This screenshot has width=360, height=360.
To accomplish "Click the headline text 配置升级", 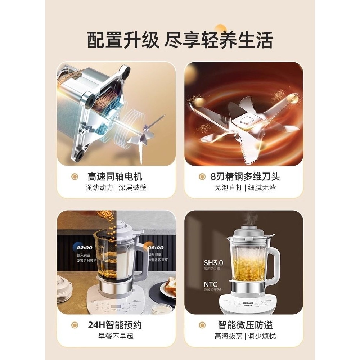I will click(123, 40).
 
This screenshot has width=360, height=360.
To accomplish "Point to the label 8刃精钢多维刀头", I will click(245, 176).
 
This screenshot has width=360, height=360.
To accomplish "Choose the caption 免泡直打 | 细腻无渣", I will click(245, 188).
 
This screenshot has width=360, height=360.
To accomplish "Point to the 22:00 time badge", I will click(84, 248).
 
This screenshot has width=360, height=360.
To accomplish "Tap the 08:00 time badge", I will click(155, 248).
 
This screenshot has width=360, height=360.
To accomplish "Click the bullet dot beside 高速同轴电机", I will click(75, 177).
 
